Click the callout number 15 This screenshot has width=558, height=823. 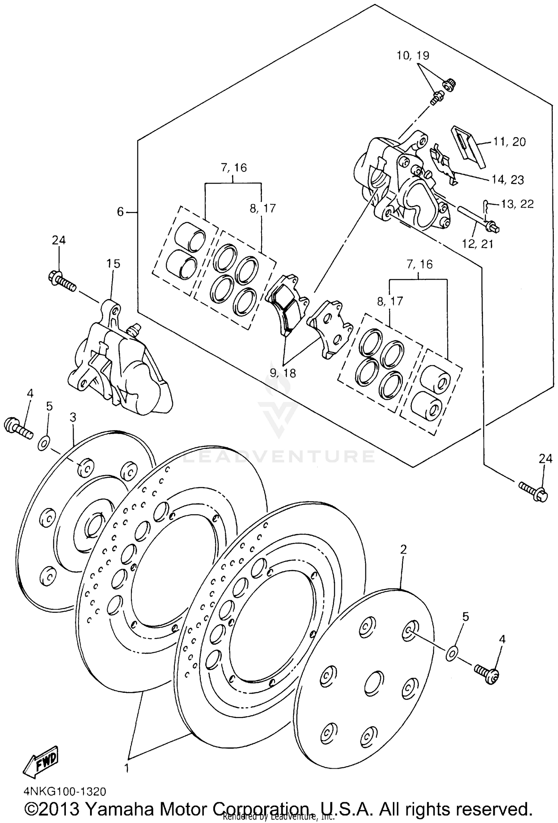click(x=113, y=264)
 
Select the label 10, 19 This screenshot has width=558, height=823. click(x=413, y=55)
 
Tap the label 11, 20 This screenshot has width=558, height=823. click(x=509, y=141)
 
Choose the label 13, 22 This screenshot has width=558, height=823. click(x=517, y=204)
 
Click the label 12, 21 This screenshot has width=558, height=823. click(x=477, y=244)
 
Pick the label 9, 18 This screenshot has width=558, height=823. click(x=283, y=373)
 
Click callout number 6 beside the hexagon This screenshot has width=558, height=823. click(x=120, y=212)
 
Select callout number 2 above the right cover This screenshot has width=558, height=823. click(x=403, y=549)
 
